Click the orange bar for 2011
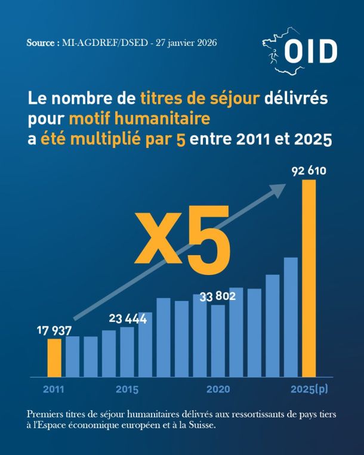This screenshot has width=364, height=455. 54,358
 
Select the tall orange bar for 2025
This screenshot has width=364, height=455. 309,278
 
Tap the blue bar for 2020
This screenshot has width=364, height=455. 218,341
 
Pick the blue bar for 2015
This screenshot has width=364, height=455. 127,352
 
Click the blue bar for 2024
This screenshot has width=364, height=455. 291,317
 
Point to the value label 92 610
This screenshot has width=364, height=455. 309,171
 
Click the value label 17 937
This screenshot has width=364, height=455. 54,331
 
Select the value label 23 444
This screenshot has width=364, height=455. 128,318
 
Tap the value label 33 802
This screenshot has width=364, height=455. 218,296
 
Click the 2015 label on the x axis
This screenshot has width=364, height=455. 127,389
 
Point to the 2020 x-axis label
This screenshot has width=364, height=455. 218,389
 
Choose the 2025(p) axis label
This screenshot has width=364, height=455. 309,389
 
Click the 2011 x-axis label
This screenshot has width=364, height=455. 54,389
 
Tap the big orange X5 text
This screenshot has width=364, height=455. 182,240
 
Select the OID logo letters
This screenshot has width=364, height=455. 310,51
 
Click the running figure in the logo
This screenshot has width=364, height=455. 273,56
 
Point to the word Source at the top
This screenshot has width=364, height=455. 41,43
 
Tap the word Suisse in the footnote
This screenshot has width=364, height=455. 202,425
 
